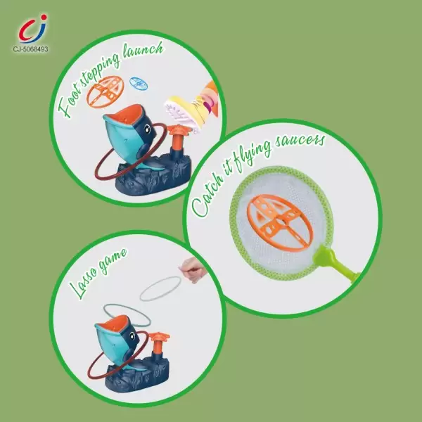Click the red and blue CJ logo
(x=32, y=29)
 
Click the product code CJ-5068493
(x=30, y=49)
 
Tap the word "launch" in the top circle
(x=143, y=51)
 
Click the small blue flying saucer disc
(x=139, y=83)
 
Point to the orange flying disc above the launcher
(x=105, y=91)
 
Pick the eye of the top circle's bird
(x=147, y=129)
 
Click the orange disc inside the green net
(x=280, y=223)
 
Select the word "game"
(x=113, y=260)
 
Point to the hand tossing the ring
(x=193, y=269)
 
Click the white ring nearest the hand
(x=160, y=288)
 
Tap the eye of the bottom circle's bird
(x=132, y=336)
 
